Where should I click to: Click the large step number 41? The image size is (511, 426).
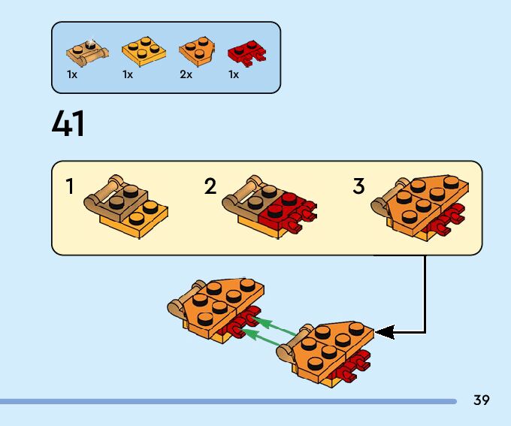[68, 124]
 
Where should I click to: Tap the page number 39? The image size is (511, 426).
[482, 400]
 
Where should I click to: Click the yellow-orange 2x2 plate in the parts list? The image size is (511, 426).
[144, 50]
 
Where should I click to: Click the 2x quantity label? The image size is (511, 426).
[186, 75]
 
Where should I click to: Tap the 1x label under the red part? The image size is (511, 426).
[234, 75]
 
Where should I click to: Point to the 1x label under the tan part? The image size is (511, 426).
[72, 75]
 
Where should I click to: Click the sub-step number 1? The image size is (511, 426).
[70, 186]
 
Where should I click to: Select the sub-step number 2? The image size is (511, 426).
[210, 186]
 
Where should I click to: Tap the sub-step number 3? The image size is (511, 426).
[358, 186]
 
